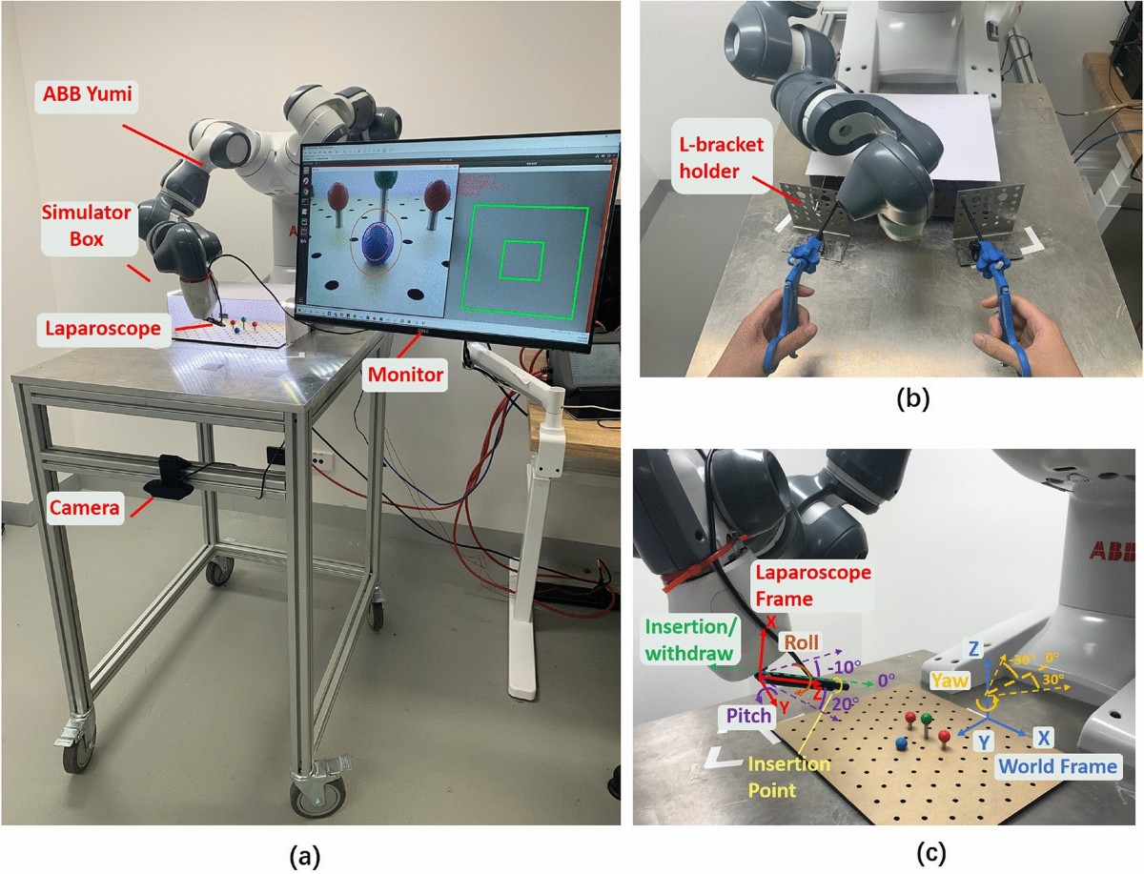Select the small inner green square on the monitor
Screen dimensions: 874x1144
coord(522,259)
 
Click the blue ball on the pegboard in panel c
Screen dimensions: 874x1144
coord(900,741)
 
